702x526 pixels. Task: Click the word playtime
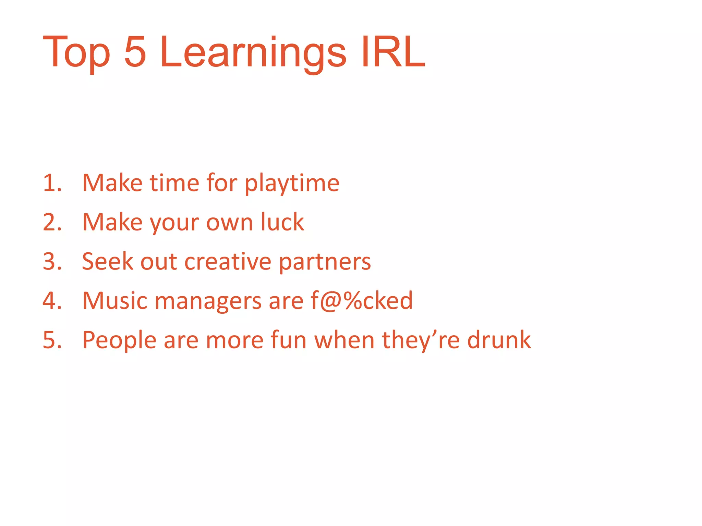click(x=292, y=184)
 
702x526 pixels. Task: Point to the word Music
click(x=115, y=301)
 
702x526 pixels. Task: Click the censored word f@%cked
click(x=362, y=301)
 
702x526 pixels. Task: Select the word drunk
click(x=499, y=340)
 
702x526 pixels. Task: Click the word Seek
click(x=108, y=262)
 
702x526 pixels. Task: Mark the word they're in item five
click(x=421, y=341)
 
